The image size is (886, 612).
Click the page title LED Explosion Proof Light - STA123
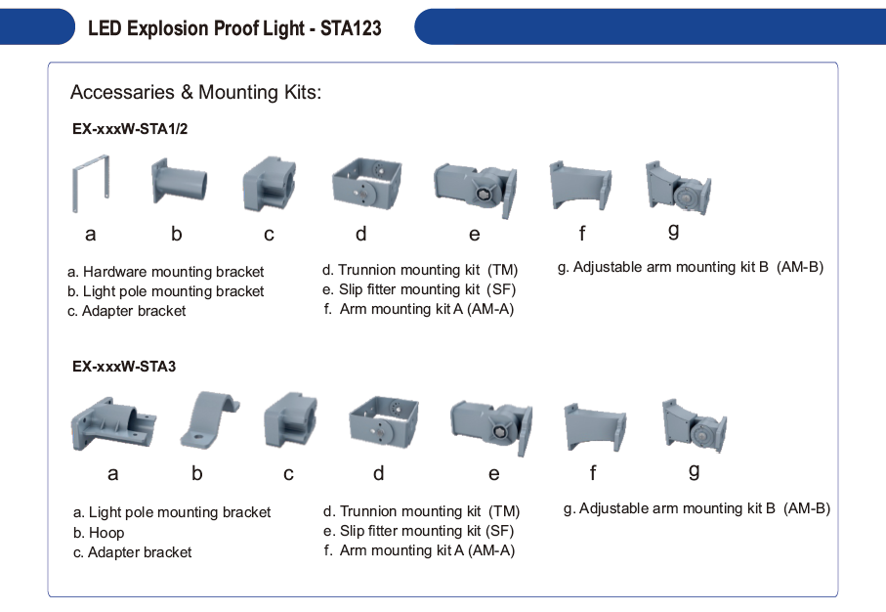pyautogui.click(x=234, y=27)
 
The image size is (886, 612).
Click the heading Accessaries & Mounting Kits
pyautogui.click(x=195, y=92)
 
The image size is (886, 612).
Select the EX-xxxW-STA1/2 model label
pyautogui.click(x=130, y=129)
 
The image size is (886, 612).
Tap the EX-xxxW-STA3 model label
pyautogui.click(x=124, y=367)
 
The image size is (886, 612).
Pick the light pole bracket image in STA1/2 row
pyautogui.click(x=179, y=182)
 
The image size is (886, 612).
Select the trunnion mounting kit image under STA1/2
pyautogui.click(x=367, y=183)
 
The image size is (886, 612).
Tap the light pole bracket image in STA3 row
pyautogui.click(x=113, y=424)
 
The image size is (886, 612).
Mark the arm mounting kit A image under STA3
pyautogui.click(x=595, y=427)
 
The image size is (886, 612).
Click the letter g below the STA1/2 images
pyautogui.click(x=674, y=231)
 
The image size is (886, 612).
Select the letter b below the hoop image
pyautogui.click(x=196, y=473)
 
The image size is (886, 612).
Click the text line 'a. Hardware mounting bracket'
pyautogui.click(x=165, y=272)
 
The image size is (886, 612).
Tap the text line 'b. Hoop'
pyautogui.click(x=99, y=533)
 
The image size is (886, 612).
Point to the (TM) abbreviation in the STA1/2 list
pyautogui.click(x=502, y=270)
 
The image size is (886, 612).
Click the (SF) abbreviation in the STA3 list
pyautogui.click(x=499, y=531)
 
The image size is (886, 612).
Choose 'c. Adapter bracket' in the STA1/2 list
pyautogui.click(x=127, y=311)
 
